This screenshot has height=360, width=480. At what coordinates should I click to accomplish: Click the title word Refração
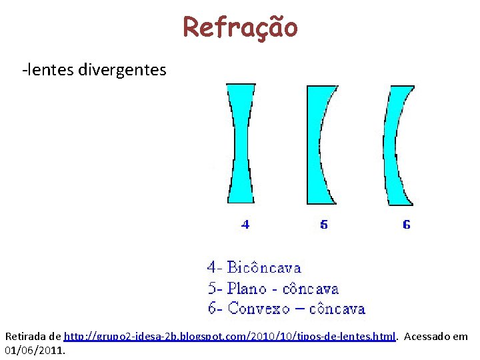point(240,27)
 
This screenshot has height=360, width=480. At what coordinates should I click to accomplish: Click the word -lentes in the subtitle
point(47,69)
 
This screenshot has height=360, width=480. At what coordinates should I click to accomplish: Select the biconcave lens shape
point(241,143)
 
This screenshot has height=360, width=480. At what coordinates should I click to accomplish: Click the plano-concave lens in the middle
point(313,143)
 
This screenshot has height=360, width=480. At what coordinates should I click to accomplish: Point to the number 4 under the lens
point(245,225)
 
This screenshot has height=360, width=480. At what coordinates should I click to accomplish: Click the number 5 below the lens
point(324,225)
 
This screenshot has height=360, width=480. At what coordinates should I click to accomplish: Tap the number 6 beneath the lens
point(407,225)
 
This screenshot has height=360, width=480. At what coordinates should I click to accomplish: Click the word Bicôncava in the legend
point(264,268)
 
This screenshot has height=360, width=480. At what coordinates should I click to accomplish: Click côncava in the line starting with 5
point(311,289)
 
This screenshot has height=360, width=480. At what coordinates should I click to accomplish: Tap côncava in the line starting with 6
point(337,309)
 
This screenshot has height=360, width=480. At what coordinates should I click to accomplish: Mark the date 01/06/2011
point(35,349)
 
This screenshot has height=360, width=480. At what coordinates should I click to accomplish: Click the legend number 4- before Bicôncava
point(214,268)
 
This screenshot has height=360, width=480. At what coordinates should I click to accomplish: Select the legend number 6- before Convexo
point(214,309)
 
